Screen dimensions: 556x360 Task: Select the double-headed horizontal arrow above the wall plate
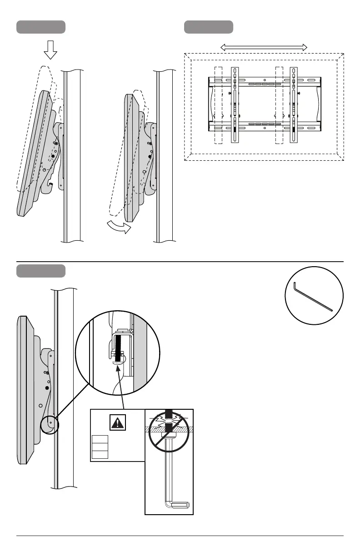point(264,47)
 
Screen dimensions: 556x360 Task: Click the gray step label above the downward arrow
point(41,27)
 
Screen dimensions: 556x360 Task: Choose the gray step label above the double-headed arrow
point(209,27)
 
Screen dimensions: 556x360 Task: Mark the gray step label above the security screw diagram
point(41,271)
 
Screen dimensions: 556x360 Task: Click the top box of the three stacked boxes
point(100,439)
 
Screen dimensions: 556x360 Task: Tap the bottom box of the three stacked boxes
point(100,454)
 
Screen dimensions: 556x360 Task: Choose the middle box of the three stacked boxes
point(100,447)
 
